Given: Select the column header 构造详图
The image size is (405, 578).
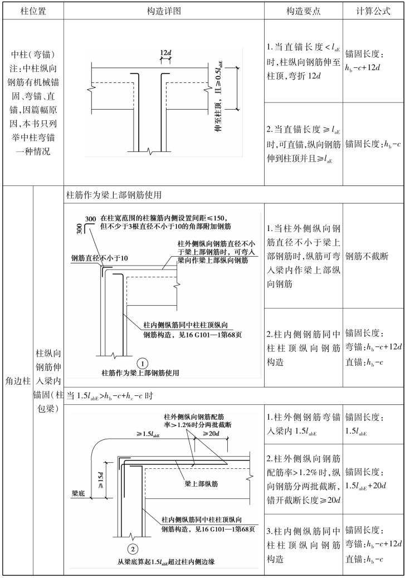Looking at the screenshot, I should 163,11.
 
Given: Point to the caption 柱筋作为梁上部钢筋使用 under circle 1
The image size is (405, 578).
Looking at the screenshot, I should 140,373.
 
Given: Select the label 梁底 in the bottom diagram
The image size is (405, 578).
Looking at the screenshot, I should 79,493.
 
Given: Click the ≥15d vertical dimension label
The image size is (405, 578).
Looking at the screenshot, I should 101,477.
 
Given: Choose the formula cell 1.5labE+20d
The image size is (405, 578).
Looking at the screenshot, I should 369,470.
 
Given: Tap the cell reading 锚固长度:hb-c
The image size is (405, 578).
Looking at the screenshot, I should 370,144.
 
